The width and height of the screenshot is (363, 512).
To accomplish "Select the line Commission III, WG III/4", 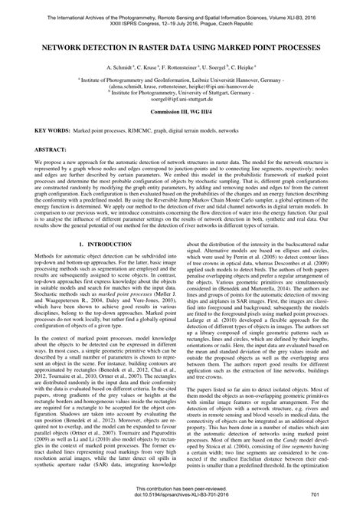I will click(x=181, y=111).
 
